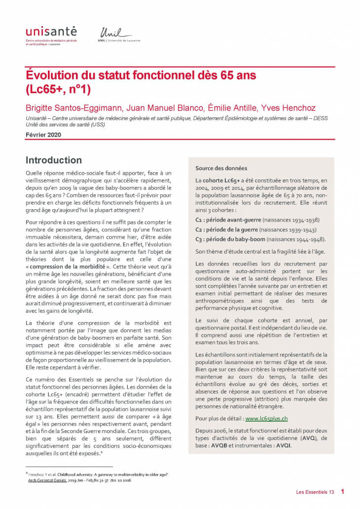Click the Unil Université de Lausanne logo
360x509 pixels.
pos(120,35)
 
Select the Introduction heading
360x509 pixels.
pos(53,160)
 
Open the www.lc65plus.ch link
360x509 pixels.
pos(266,418)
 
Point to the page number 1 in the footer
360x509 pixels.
pos(342,491)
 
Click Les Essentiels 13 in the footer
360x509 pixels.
pos(315,492)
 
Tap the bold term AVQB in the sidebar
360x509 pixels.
pos(221,445)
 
